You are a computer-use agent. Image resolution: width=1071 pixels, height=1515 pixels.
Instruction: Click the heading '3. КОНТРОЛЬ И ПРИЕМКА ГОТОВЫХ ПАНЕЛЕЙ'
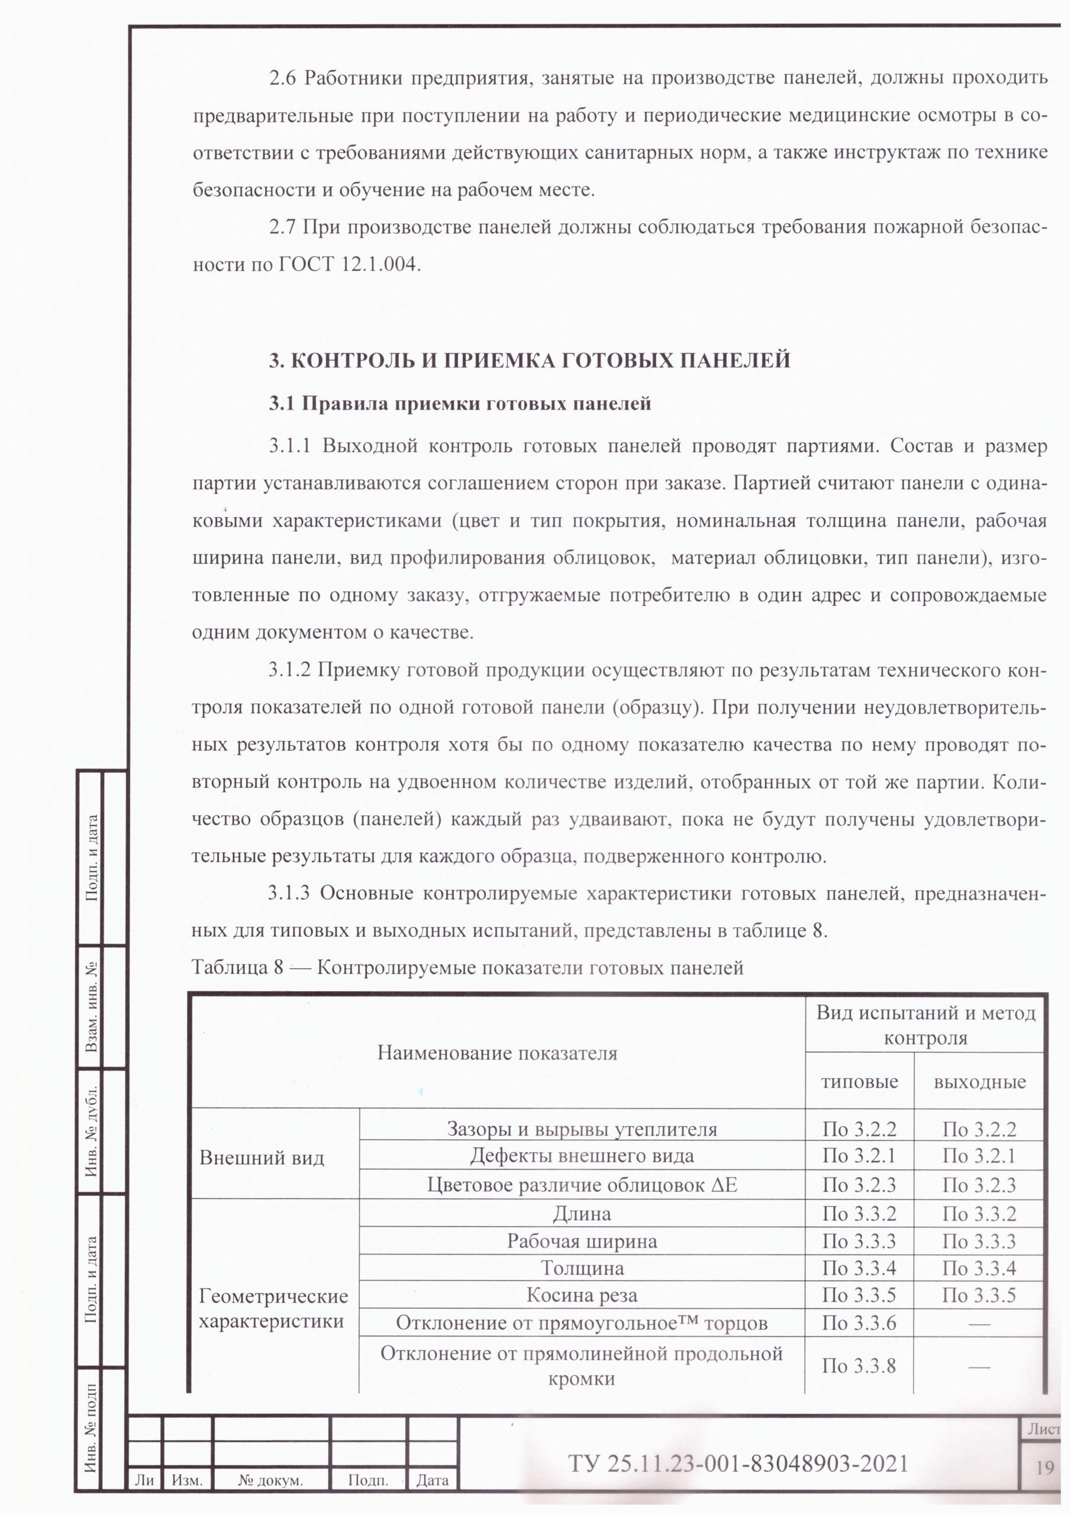[x=529, y=360]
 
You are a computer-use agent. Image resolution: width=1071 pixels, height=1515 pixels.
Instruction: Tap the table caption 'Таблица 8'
[x=237, y=968]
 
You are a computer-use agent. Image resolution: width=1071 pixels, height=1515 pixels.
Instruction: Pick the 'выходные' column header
[x=980, y=1082]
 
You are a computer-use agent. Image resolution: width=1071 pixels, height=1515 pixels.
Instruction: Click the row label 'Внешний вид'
[x=262, y=1158]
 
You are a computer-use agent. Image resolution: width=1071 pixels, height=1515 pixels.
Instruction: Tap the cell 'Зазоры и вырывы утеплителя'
[x=582, y=1129]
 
